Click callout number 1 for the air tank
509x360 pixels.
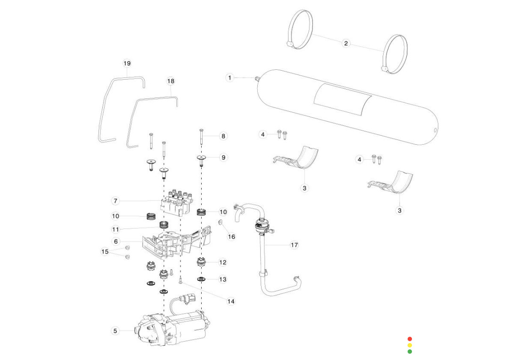(230, 77)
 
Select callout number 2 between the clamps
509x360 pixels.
(346, 43)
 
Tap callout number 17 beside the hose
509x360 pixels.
(294, 245)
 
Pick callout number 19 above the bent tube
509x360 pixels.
(127, 63)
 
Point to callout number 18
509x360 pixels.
(171, 81)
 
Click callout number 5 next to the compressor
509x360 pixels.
(115, 331)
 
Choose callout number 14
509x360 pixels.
(230, 301)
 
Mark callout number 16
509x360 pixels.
(231, 237)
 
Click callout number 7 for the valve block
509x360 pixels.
(115, 201)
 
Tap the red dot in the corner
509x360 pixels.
(410, 339)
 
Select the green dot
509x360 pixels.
(410, 351)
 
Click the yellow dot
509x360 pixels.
(410, 345)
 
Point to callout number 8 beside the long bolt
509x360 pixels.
(223, 136)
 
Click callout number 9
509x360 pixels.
(223, 157)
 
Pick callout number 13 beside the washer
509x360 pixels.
(223, 279)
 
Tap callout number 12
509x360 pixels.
(223, 262)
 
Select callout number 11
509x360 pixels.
(115, 229)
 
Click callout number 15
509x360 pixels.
(105, 252)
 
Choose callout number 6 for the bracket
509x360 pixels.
(115, 241)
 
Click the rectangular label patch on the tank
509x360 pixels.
(343, 100)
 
